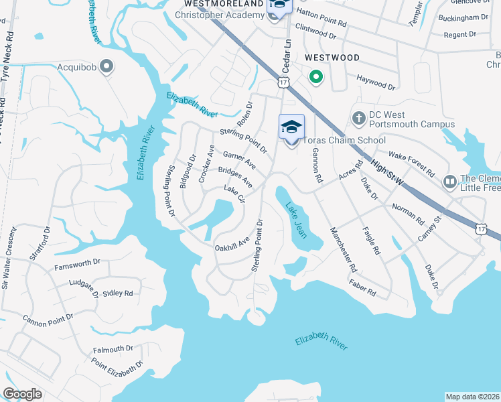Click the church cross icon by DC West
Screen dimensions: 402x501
[x=358, y=119]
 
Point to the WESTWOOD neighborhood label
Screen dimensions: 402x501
[x=332, y=58]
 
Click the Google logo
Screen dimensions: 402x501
[x=22, y=394]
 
